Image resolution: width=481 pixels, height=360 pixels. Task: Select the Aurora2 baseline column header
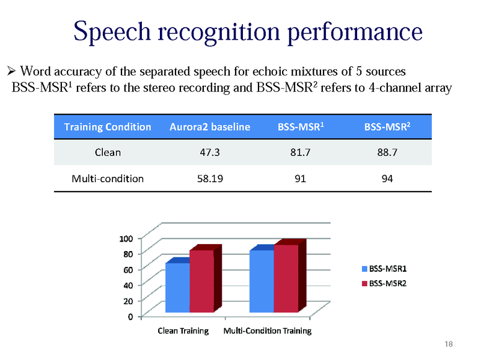point(209,127)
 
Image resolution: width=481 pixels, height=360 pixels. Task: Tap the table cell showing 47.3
point(209,153)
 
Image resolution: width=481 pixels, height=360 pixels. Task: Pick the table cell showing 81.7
point(299,153)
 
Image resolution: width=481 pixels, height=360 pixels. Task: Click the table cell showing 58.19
point(209,178)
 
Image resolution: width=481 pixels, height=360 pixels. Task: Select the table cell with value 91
point(299,178)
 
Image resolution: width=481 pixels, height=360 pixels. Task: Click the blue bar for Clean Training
point(177,288)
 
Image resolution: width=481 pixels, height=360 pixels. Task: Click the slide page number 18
point(448,344)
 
